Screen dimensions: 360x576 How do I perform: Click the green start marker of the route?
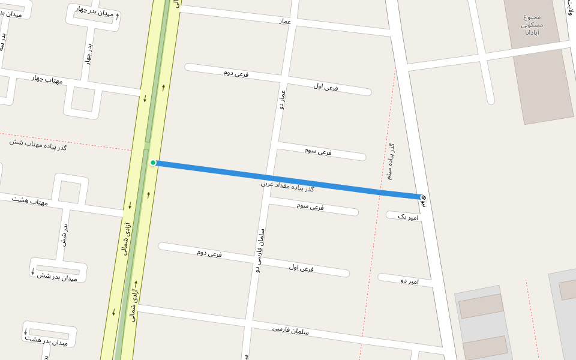click(x=153, y=163)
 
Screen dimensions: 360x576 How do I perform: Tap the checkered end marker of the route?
click(x=423, y=197)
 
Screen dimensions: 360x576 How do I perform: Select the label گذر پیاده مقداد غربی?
click(x=287, y=186)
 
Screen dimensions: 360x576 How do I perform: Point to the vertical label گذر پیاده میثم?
click(x=391, y=161)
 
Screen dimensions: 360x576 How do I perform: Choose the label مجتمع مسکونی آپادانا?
click(x=532, y=25)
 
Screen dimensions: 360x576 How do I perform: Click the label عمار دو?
click(x=282, y=100)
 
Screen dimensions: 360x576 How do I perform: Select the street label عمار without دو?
click(x=284, y=22)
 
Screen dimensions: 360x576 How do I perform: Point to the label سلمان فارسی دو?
click(x=260, y=251)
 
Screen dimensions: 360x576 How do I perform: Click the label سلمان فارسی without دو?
click(x=290, y=329)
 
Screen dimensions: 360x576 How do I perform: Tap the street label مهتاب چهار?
click(x=47, y=79)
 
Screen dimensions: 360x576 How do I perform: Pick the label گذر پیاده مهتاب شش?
click(x=38, y=143)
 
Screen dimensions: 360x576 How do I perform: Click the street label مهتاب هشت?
click(x=29, y=200)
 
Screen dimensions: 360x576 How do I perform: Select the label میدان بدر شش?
click(x=58, y=277)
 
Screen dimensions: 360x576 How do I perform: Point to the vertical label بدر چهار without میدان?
click(x=89, y=53)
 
